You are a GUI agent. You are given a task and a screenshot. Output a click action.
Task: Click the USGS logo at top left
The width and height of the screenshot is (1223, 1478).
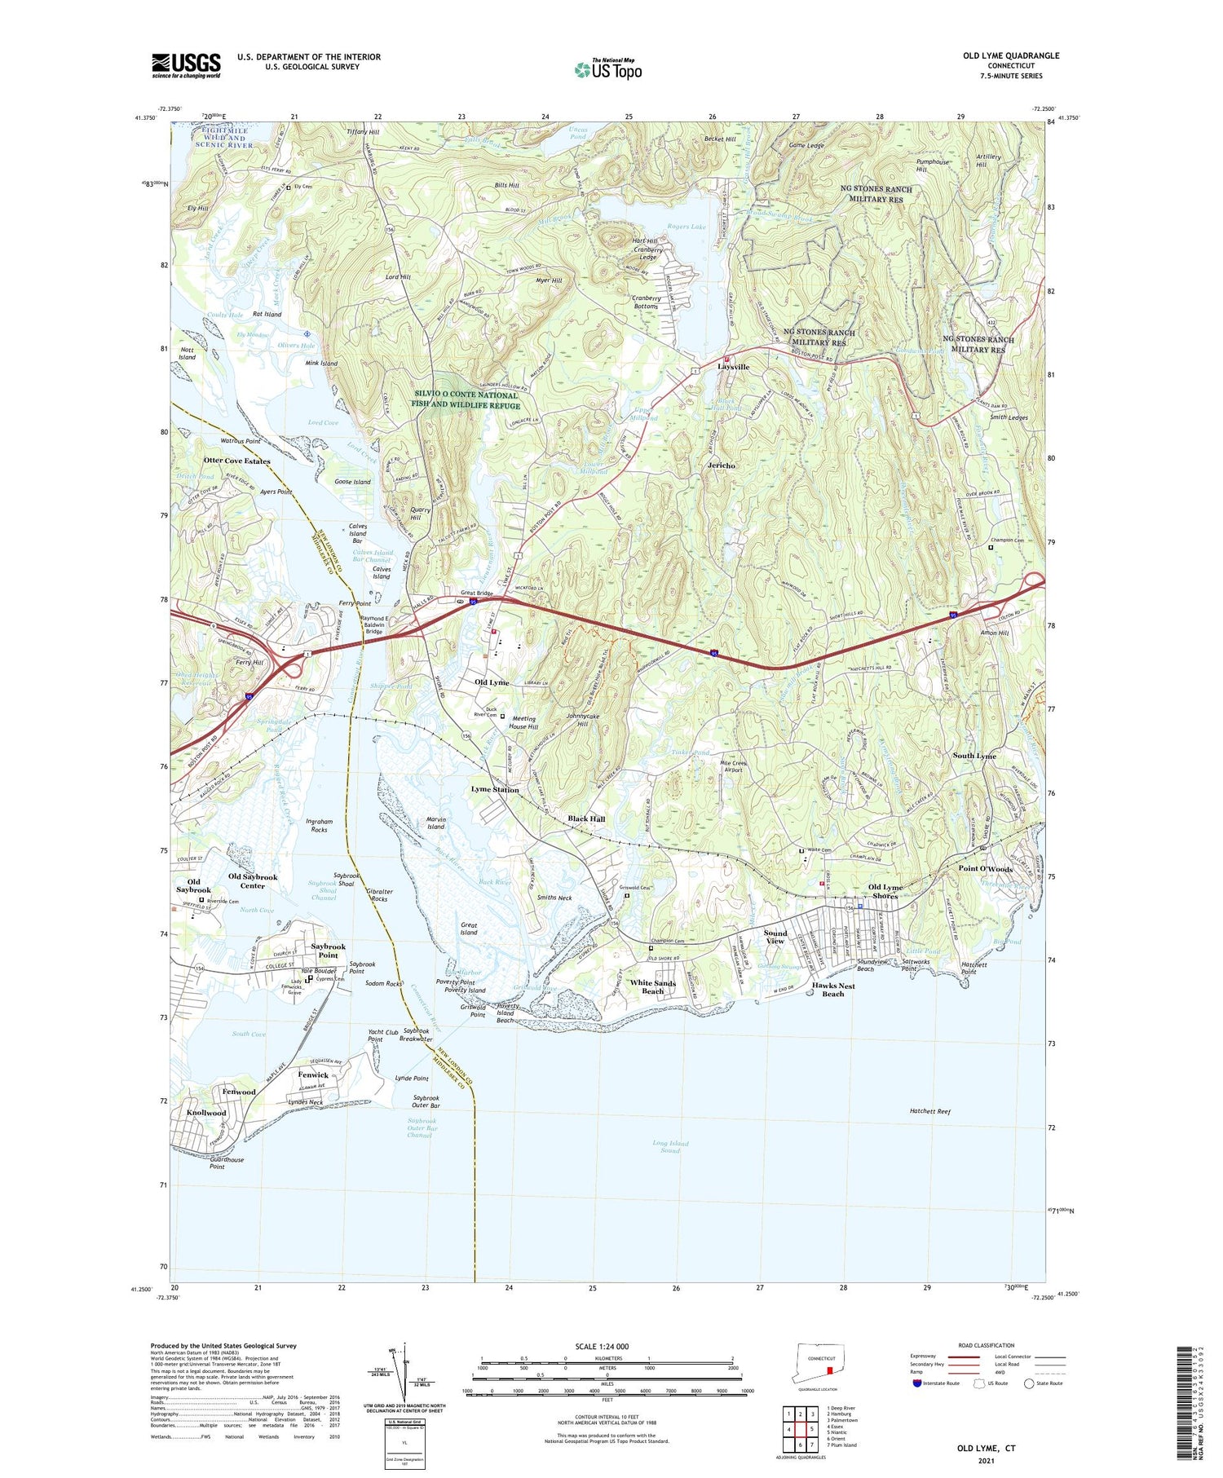(186, 65)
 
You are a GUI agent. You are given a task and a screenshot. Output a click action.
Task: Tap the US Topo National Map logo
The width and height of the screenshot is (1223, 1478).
(607, 69)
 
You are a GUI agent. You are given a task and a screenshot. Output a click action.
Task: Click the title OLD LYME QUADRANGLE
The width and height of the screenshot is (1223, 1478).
(1011, 55)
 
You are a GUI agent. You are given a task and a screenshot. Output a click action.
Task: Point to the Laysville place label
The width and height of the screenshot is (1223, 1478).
(733, 367)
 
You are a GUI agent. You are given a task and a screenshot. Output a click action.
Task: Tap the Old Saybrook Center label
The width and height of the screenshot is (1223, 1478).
(253, 880)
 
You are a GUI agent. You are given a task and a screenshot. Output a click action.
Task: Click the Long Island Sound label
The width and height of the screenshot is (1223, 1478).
(670, 1147)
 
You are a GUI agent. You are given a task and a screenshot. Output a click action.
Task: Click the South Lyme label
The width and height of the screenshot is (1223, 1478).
(974, 756)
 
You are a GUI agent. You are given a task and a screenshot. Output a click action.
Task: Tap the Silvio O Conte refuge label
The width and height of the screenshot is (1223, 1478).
(466, 400)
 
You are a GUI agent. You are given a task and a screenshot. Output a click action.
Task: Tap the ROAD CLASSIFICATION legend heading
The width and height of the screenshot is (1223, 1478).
(987, 1345)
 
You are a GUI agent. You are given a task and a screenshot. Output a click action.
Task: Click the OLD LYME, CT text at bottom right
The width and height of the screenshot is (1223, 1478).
(986, 1449)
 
